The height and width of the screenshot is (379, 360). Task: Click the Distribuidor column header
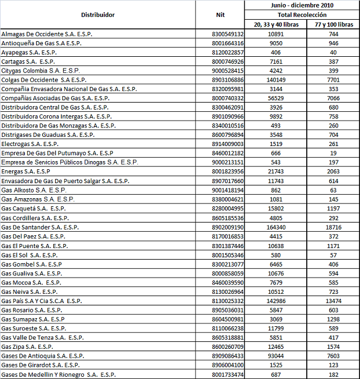pos(98,14)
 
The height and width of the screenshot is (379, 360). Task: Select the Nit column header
pos(219,14)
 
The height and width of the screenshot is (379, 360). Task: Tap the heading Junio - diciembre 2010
pos(302,5)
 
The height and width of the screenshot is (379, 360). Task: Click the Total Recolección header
pos(302,14)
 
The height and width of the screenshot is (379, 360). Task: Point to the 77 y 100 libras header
pos(334,25)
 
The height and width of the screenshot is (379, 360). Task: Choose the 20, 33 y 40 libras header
pos(276,25)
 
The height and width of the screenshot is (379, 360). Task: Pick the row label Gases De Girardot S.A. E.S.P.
pos(41,365)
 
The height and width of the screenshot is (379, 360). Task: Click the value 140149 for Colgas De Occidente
pos(276,80)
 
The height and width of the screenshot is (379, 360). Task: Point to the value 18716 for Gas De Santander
pos(334,227)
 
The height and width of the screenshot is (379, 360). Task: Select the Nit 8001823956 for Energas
pos(228,171)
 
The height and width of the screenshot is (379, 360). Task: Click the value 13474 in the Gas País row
pos(334,301)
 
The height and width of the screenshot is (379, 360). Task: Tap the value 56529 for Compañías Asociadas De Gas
pos(276,99)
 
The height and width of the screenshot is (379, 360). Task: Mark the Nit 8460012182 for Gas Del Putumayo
pos(228,152)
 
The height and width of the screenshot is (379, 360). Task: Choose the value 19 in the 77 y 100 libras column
pos(334,152)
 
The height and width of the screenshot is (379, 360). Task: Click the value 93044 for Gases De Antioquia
pos(276,356)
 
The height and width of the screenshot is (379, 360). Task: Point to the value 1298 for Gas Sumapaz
pos(334,319)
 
